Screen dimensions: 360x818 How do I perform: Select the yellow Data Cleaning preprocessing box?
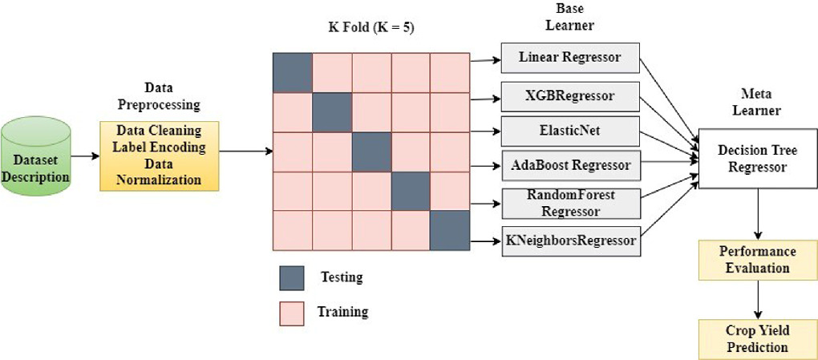click(x=159, y=155)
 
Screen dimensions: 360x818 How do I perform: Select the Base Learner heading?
click(x=575, y=17)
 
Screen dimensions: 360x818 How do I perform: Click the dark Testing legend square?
click(x=292, y=277)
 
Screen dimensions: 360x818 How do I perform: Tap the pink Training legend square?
click(x=292, y=313)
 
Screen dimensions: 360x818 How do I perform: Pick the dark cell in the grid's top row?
click(x=292, y=73)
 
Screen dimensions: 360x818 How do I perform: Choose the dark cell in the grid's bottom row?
click(x=448, y=230)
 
